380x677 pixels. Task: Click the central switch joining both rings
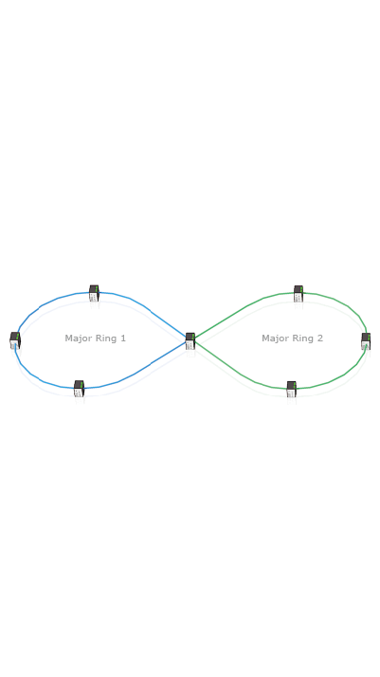190,341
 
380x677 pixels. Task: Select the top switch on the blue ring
94,293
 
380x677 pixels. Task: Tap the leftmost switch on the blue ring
15,340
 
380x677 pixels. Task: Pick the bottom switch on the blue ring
79,389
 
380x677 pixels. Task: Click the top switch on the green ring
299,294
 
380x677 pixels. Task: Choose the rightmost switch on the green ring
366,341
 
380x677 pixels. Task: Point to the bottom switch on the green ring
292,389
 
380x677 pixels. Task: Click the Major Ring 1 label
96,338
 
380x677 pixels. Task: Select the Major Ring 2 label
293,338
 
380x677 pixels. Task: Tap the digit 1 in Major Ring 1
123,338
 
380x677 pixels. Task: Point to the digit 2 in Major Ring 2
320,338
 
